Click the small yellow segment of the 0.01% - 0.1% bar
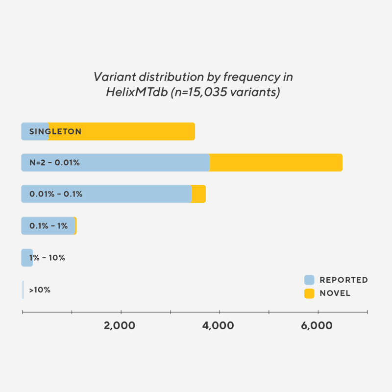[x=198, y=194]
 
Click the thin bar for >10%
[x=23, y=290]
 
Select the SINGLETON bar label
[x=55, y=131]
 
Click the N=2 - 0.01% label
[x=54, y=163]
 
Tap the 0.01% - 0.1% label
[x=56, y=194]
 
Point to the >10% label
[x=40, y=290]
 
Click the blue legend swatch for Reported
[x=309, y=280]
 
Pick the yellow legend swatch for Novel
[x=309, y=294]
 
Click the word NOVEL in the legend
[x=335, y=294]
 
